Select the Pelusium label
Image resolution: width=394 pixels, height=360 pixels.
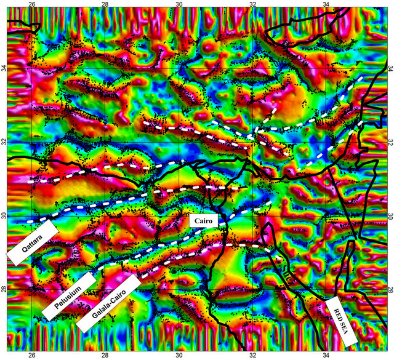(70, 296)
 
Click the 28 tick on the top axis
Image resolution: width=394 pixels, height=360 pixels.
(106, 5)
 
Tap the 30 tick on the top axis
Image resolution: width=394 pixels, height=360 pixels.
(179, 5)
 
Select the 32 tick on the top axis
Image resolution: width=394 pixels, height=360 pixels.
(253, 5)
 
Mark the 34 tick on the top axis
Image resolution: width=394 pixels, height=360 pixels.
(326, 5)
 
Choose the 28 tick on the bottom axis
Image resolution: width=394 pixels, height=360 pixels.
(106, 355)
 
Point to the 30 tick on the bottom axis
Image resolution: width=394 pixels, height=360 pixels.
(179, 355)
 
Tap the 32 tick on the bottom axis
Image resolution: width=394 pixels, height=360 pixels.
(253, 355)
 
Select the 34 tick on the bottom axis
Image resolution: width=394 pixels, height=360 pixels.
(326, 355)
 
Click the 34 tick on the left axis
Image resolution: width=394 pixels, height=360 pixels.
(4, 70)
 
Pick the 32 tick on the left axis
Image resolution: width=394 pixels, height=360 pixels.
(4, 143)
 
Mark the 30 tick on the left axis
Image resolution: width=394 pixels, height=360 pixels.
(4, 216)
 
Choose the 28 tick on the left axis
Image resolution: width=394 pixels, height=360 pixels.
(4, 289)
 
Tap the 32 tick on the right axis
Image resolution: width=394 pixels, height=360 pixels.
(390, 143)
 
